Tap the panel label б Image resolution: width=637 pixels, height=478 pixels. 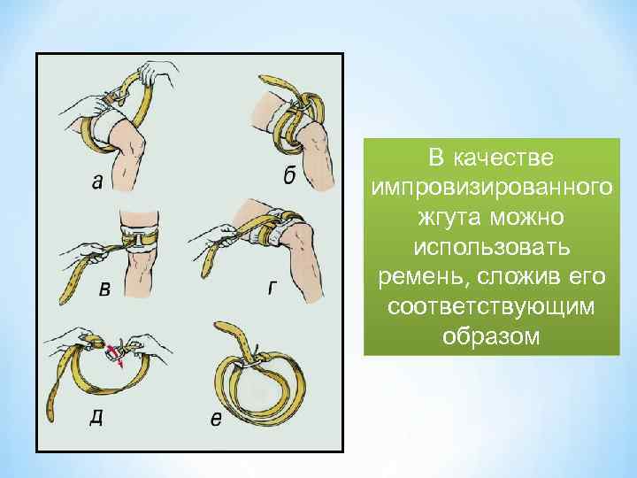(289, 175)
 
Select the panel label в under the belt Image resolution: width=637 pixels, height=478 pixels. (104, 291)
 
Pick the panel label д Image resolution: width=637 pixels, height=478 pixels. (96, 416)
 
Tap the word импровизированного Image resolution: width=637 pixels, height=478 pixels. (491, 188)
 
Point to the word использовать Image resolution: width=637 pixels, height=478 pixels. (491, 248)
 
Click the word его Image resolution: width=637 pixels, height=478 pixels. (587, 278)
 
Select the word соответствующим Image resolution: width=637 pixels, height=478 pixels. (491, 308)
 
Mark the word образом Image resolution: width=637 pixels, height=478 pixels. (491, 337)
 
